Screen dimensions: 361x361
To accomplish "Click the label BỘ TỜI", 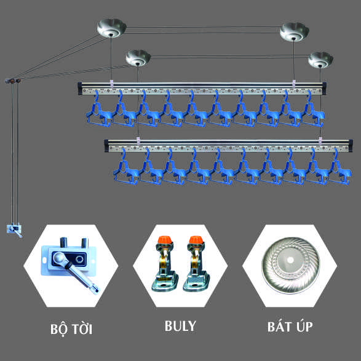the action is click(71, 329).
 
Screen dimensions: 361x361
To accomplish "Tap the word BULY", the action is click(180, 326).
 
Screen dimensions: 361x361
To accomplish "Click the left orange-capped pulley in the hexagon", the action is click(165, 263).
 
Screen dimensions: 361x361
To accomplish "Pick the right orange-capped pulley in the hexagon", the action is click(196, 263).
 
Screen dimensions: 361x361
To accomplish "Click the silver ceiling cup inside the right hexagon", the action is click(290, 265).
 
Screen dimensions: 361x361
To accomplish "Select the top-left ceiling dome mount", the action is click(111, 28).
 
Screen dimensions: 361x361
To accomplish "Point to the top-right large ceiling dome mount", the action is click(294, 32).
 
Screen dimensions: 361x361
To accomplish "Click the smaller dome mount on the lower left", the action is click(138, 58).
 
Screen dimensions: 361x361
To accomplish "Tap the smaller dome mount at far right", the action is click(320, 60).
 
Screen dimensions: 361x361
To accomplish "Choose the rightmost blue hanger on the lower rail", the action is click(339, 169).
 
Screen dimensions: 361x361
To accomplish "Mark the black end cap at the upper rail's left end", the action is click(80, 89).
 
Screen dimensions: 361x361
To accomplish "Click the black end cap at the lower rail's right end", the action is click(351, 146).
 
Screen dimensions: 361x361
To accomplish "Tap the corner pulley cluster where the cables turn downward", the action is click(13, 81).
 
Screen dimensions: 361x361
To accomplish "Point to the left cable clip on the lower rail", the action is click(138, 141).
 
